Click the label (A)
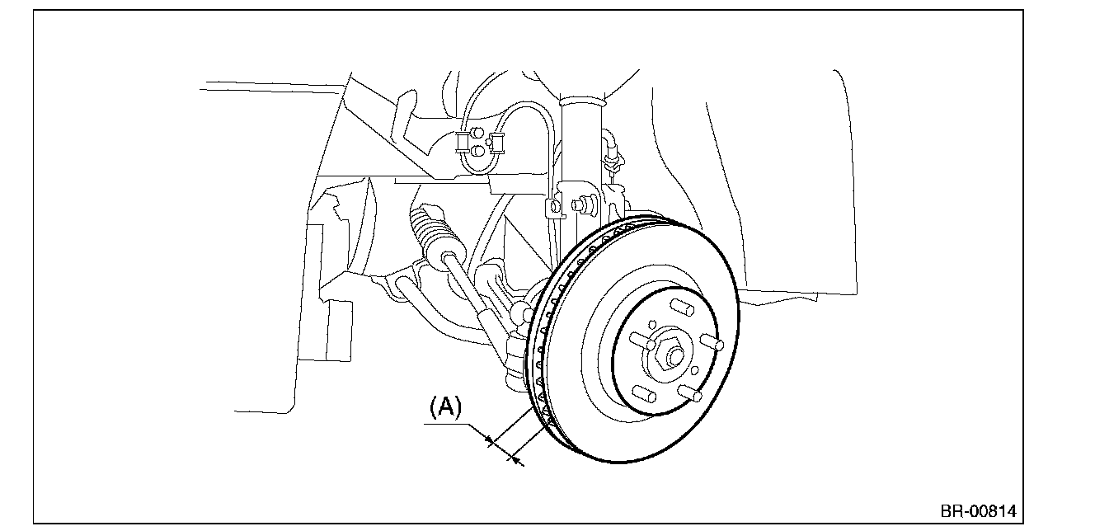(x=445, y=407)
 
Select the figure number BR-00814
(x=978, y=511)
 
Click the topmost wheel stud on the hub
(x=682, y=307)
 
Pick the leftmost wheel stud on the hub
(x=641, y=341)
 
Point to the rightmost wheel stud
(x=712, y=342)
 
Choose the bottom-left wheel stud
(x=644, y=393)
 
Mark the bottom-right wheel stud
(x=690, y=393)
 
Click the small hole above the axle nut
(x=652, y=324)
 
